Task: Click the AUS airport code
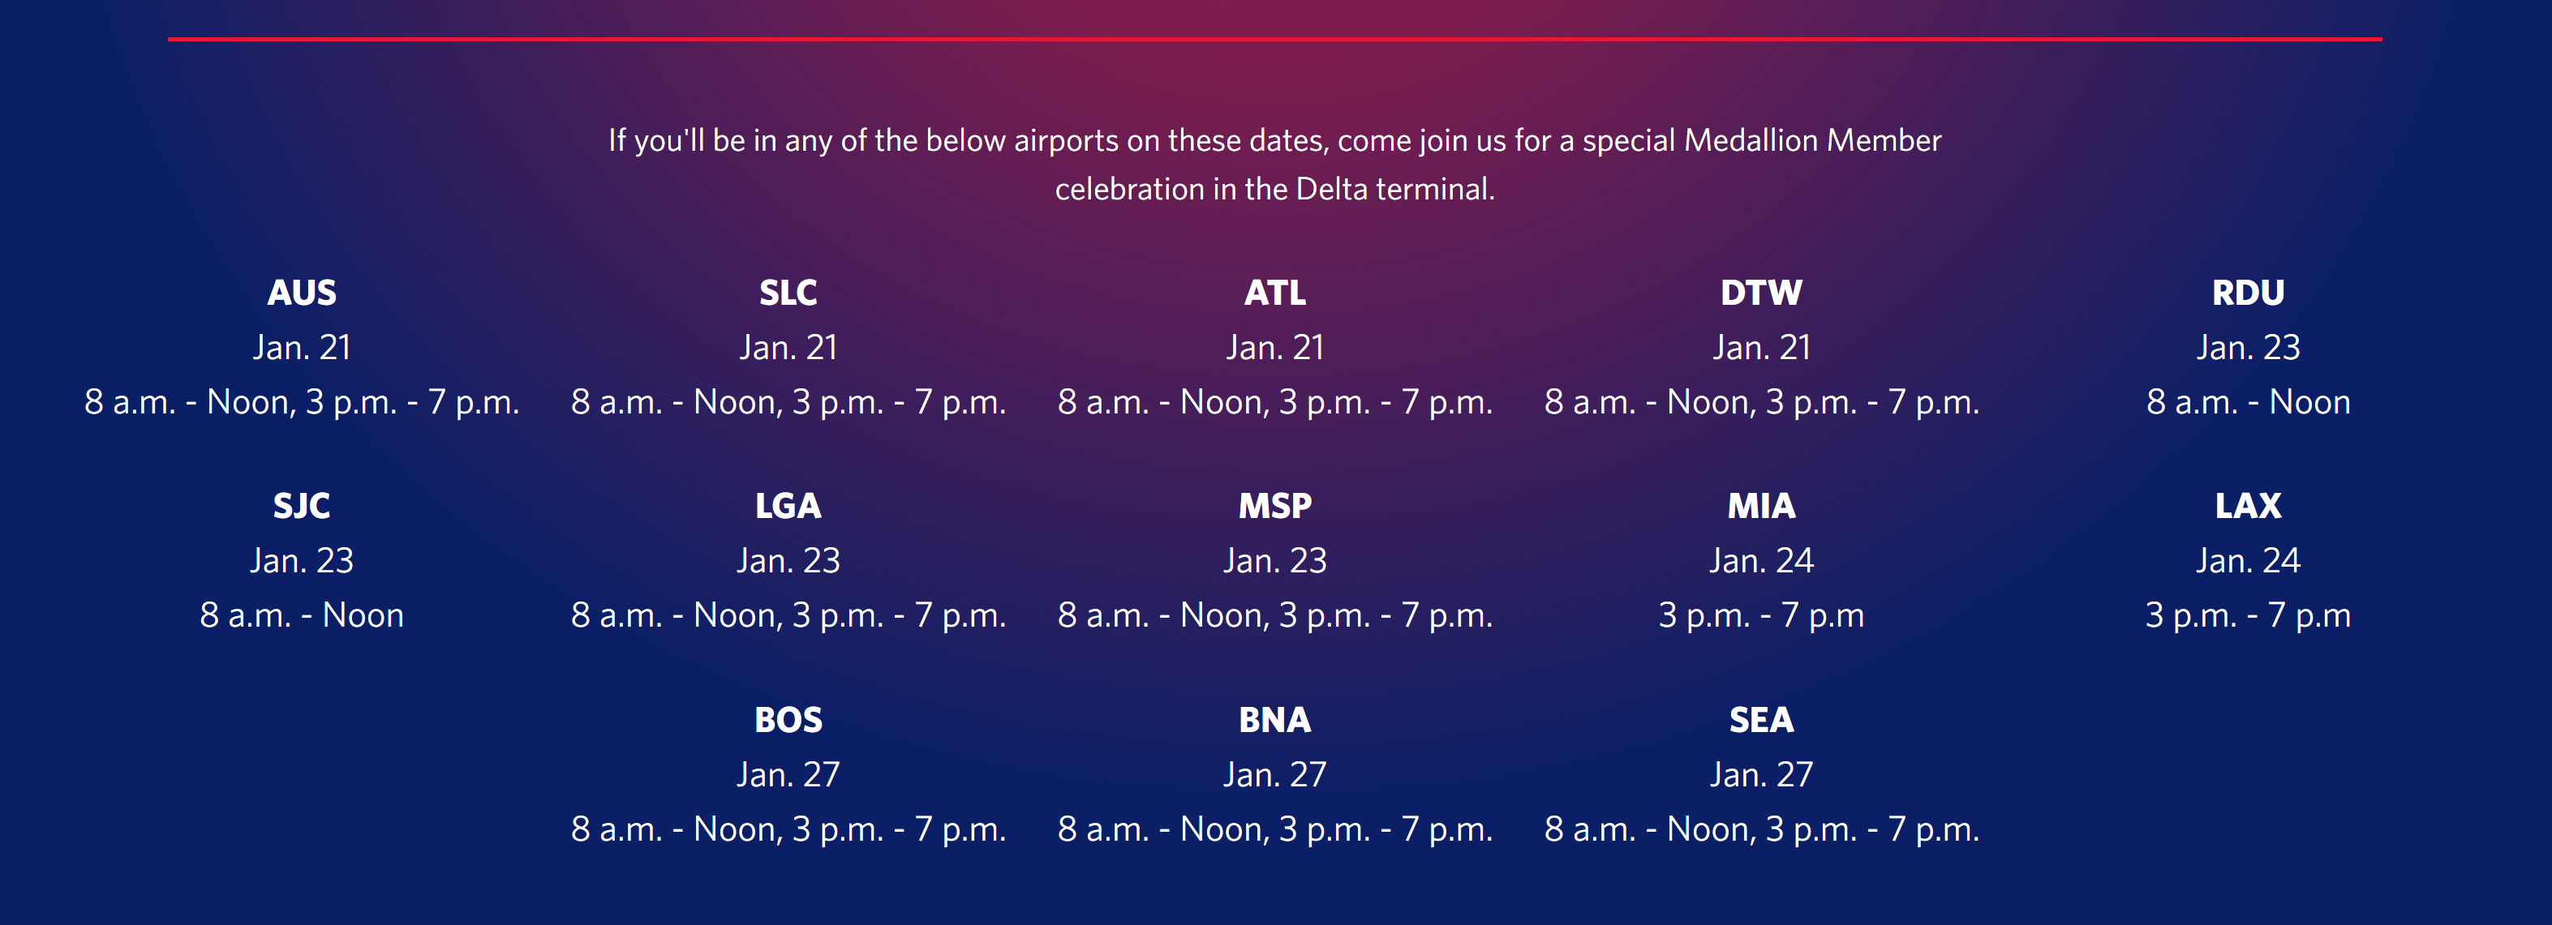302,293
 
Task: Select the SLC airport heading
788,293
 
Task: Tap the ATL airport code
1275,293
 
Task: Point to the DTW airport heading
1761,293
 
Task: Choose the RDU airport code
2248,293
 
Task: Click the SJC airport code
302,506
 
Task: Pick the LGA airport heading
788,506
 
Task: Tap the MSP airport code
1275,506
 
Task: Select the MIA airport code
1761,506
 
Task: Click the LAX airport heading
2248,506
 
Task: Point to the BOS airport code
788,720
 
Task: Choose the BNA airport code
1275,720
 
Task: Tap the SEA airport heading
1761,720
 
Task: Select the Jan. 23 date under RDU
2248,348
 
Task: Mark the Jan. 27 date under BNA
1275,774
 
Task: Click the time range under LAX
2248,616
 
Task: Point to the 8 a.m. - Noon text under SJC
302,616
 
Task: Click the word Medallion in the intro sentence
1751,140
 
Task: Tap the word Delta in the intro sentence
1331,189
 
